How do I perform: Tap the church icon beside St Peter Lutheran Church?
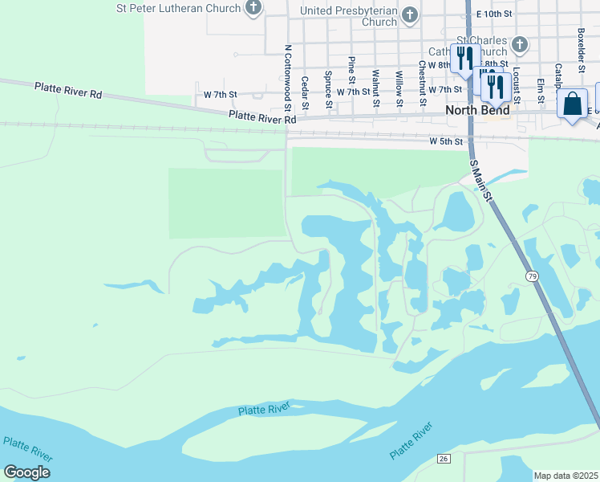point(253,9)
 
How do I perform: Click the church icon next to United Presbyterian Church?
point(410,14)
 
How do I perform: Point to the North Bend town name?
point(477,110)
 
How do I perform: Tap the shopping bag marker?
point(572,105)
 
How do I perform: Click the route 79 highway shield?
point(532,276)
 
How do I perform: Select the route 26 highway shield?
point(443,458)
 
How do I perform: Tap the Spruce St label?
point(329,90)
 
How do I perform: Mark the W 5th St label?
point(446,141)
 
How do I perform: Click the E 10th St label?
point(493,14)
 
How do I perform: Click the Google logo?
point(26,472)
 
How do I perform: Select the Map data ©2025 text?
point(566,476)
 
